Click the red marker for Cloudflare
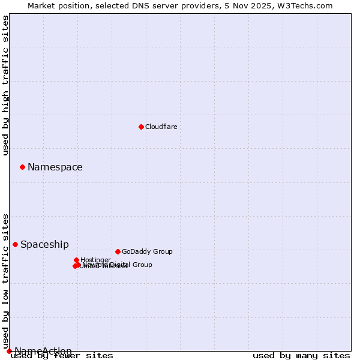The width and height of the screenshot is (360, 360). [141, 127]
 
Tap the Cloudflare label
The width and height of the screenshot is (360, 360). [161, 127]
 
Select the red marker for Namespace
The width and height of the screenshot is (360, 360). [22, 167]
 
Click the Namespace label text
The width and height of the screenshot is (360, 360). [55, 167]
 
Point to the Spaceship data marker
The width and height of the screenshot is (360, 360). [15, 244]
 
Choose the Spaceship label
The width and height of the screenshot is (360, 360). [44, 244]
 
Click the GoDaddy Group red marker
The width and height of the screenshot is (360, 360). [118, 251]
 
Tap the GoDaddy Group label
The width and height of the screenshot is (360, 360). [146, 251]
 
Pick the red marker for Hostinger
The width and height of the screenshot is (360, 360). [76, 260]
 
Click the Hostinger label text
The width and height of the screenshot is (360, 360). [95, 260]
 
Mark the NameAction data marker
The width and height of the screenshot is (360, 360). [9, 351]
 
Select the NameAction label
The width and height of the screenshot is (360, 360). [43, 351]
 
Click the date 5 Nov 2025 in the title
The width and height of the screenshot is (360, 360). [259, 5]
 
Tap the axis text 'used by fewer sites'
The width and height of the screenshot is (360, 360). [62, 356]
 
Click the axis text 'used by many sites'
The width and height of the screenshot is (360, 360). [301, 356]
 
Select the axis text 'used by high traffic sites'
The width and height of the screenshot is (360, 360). [5, 85]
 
